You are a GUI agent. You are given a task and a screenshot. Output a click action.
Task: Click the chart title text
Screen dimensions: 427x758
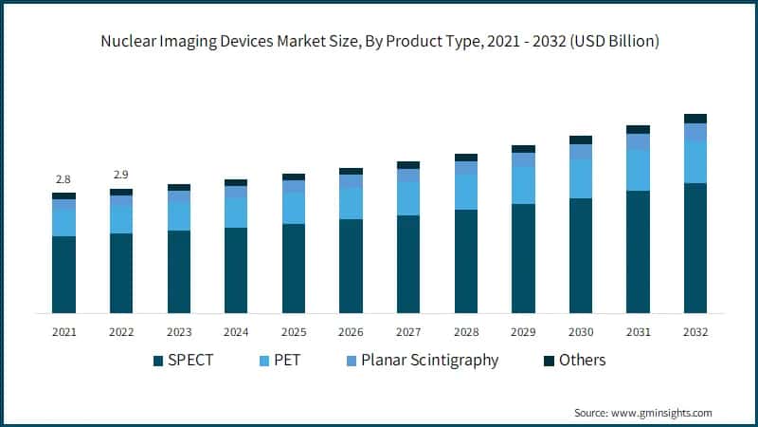(379, 41)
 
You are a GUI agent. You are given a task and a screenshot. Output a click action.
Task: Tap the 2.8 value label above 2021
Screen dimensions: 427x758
(63, 179)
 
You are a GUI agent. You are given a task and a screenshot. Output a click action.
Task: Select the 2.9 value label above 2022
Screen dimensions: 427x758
(121, 176)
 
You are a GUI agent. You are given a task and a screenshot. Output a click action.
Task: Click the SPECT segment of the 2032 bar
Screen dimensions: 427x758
(695, 248)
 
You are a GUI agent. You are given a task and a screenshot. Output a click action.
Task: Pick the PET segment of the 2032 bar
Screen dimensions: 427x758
(695, 161)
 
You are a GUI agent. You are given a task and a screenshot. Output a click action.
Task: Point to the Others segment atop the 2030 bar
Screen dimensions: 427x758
(581, 139)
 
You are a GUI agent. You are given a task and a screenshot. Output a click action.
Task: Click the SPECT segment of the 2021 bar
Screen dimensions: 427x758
(63, 274)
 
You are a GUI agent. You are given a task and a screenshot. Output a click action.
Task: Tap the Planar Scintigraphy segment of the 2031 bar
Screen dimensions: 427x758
(638, 141)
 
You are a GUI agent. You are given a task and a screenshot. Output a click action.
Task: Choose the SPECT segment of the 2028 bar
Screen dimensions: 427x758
(465, 261)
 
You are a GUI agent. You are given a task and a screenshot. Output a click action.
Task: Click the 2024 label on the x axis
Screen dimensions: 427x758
(236, 332)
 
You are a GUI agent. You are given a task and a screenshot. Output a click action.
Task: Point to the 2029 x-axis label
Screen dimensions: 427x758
(523, 332)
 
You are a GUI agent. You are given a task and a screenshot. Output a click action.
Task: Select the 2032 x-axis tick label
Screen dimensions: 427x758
(695, 332)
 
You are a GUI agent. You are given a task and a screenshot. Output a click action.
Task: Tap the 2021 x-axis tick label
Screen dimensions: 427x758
(63, 332)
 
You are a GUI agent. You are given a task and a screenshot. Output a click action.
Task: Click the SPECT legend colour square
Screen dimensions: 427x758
(158, 361)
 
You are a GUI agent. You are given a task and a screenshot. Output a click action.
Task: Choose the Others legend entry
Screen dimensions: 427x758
(582, 361)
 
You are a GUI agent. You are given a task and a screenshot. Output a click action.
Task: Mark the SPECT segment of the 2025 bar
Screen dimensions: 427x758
(294, 269)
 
